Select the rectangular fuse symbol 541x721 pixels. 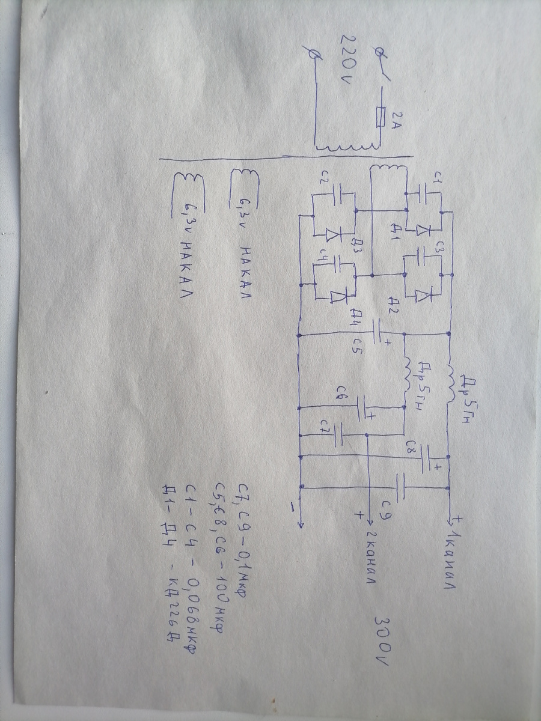click(378, 118)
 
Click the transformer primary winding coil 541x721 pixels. click(349, 148)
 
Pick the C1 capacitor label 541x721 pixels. click(437, 179)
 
